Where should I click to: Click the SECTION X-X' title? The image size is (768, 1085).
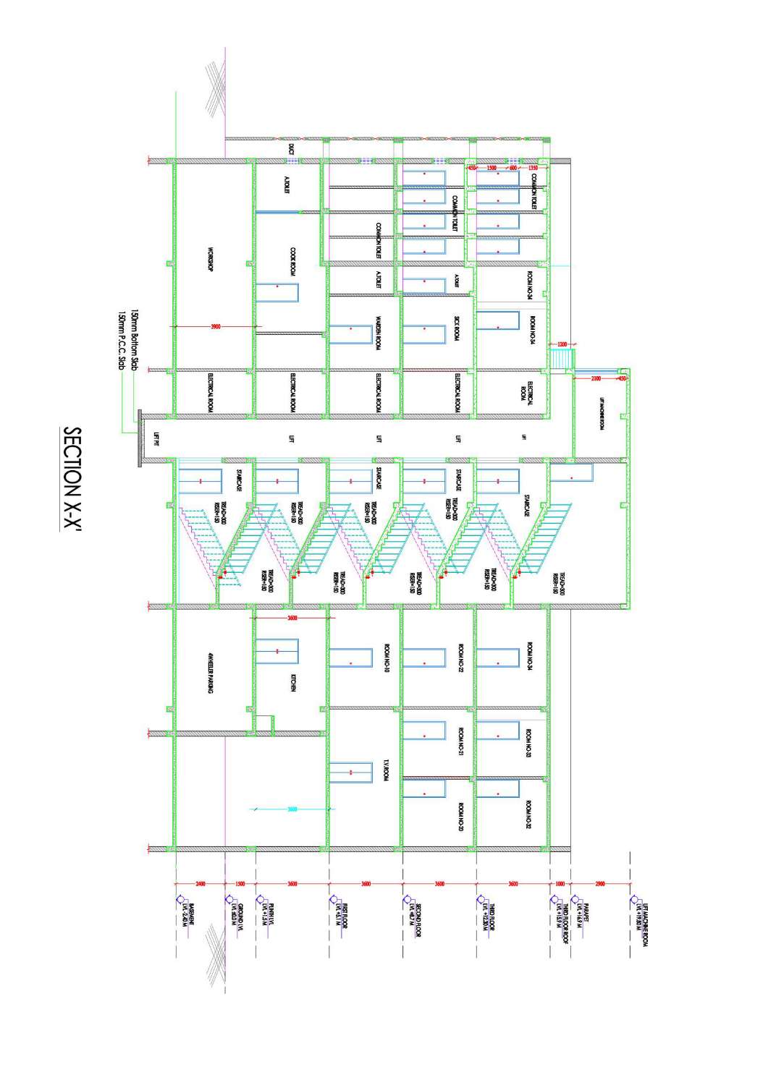point(73,480)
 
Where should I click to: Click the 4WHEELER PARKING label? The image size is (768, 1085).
point(210,673)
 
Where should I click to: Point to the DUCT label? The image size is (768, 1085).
point(292,149)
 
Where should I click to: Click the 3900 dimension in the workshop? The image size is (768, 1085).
point(215,327)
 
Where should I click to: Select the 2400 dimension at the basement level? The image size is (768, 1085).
point(201,883)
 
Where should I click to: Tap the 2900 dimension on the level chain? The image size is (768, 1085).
point(600,883)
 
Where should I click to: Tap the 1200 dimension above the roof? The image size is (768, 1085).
point(562,344)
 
